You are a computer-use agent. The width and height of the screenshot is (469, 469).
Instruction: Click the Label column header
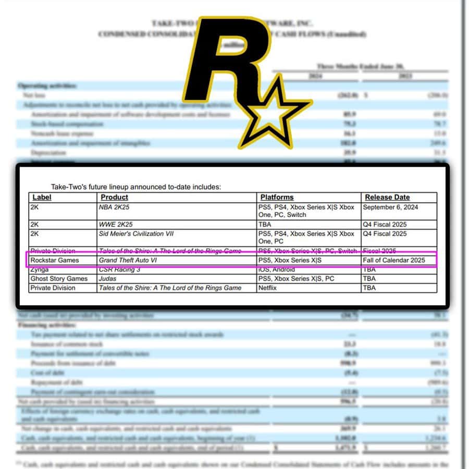coord(42,198)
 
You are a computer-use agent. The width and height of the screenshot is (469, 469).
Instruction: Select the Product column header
coord(114,198)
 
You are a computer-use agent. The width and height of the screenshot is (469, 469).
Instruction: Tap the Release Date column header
coord(387,198)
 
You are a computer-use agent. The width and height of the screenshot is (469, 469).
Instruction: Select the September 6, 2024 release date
coord(390,207)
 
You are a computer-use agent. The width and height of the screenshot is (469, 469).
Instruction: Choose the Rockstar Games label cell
coord(55,260)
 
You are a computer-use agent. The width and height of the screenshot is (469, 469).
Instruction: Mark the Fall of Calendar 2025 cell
coord(394,260)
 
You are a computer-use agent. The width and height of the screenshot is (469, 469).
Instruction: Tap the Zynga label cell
coord(41,269)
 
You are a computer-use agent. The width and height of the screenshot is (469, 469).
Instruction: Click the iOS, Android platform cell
coord(277,269)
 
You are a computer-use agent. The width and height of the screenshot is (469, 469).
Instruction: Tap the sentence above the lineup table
coord(135,186)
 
